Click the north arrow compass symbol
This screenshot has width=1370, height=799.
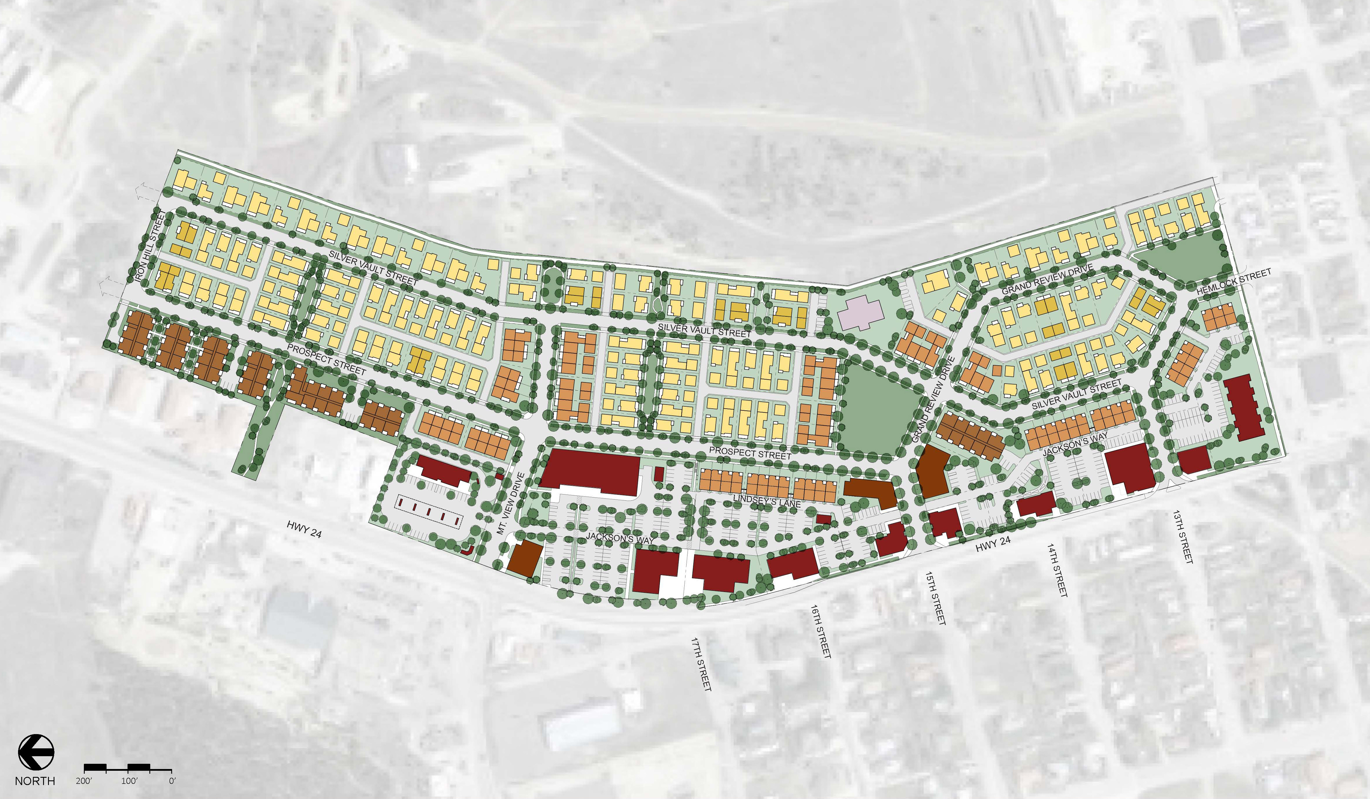[36, 752]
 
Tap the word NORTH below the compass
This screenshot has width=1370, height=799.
[35, 781]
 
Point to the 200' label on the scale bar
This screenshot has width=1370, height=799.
[84, 781]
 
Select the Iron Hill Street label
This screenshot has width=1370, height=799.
[149, 246]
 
